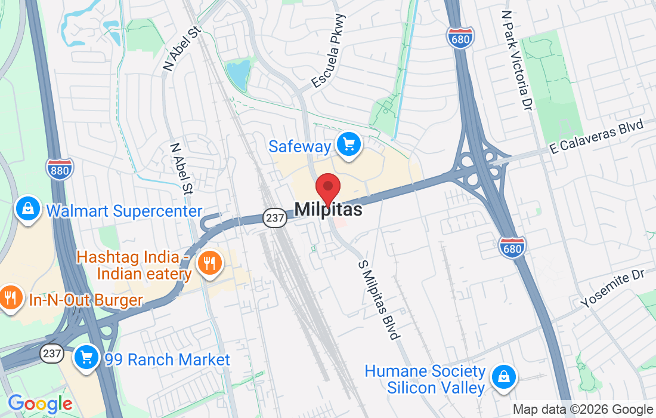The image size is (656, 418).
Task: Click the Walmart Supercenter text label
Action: [x=124, y=211]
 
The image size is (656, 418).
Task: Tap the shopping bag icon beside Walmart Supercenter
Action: [x=27, y=210]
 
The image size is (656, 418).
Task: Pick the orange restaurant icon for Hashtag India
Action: [x=209, y=263]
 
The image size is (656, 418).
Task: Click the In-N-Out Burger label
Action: [x=86, y=300]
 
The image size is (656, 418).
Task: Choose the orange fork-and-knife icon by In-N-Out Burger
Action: [x=10, y=297]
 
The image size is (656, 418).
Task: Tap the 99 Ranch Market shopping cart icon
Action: [x=86, y=358]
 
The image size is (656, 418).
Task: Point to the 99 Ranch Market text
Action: [x=167, y=359]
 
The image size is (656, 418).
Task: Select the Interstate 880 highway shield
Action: [x=60, y=168]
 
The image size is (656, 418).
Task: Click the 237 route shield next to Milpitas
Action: [x=275, y=218]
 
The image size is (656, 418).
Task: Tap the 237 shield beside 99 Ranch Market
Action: [x=52, y=354]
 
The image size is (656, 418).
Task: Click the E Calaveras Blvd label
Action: [x=597, y=138]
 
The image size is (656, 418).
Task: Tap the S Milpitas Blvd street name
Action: [x=379, y=300]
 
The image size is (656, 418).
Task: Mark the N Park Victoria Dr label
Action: [x=516, y=60]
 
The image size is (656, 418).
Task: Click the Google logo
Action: [x=39, y=404]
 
